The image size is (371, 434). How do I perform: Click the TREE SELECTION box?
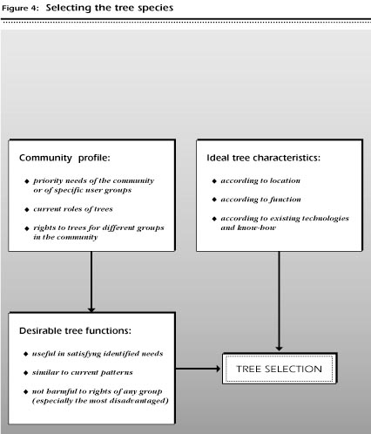pos(280,369)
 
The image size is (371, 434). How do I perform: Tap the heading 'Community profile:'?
pos(64,158)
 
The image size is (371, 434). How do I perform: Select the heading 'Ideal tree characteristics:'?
pos(263,158)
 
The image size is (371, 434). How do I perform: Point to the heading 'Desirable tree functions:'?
pos(75,330)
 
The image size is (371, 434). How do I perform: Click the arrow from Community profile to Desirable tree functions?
pos(91,282)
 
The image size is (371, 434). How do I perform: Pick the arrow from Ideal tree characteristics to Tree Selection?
pos(279,302)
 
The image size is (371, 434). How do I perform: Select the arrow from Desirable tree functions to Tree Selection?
pos(199,369)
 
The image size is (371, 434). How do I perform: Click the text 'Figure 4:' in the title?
pos(20,8)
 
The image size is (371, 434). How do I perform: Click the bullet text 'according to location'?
pos(260,180)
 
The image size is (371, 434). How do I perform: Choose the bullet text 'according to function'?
pos(260,200)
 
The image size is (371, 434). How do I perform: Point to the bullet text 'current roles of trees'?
pos(73,209)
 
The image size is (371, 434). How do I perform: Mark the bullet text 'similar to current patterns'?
pos(82,372)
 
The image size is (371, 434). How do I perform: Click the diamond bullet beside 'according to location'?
pos(214,181)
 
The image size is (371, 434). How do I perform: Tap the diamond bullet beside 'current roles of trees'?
pos(27,209)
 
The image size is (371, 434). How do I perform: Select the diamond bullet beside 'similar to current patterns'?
pos(26,373)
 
